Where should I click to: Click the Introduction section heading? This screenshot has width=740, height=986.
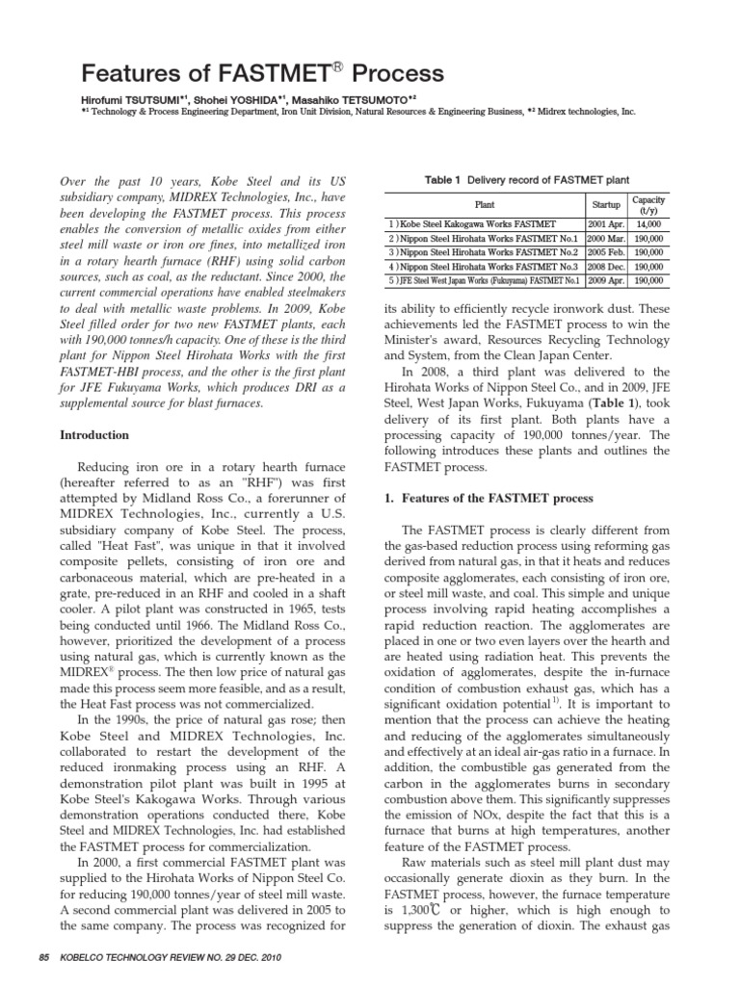pos(95,435)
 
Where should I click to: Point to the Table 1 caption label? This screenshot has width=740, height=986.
pos(439,179)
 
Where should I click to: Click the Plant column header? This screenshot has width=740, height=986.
pos(485,204)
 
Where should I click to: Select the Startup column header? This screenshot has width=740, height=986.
pos(603,204)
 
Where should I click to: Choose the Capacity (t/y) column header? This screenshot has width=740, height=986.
pos(647,204)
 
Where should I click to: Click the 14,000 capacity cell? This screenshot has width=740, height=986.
pos(648,223)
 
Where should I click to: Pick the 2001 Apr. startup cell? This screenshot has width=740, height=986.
pos(604,223)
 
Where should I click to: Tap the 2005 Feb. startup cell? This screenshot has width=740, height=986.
pos(604,252)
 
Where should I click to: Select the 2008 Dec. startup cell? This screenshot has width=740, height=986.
pos(604,267)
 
